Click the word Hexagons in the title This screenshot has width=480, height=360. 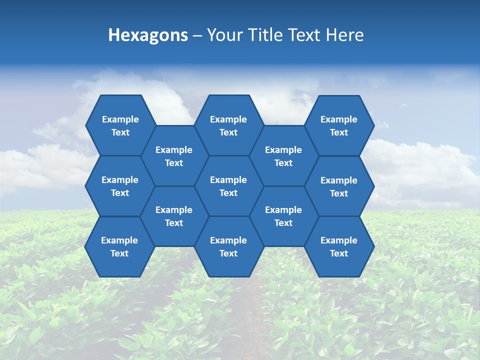click(148, 35)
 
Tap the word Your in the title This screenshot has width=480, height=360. click(222, 35)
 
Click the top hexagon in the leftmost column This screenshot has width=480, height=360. click(120, 125)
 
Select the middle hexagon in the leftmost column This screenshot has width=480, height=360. click(120, 186)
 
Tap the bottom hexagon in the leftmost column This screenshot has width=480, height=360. click(119, 246)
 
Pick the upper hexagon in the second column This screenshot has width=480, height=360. click(174, 156)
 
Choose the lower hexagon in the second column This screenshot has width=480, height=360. click(174, 216)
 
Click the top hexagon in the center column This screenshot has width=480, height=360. click(228, 125)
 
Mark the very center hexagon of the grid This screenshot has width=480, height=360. click(228, 186)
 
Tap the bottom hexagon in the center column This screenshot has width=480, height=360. click(228, 246)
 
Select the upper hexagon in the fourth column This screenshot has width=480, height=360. click(283, 156)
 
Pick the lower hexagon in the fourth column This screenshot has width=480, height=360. click(283, 216)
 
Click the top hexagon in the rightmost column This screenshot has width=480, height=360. click(339, 125)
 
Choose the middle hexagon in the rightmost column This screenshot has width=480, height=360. click(339, 186)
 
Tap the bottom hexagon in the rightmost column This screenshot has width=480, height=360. click(339, 246)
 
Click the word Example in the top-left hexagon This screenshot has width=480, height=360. click(120, 119)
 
